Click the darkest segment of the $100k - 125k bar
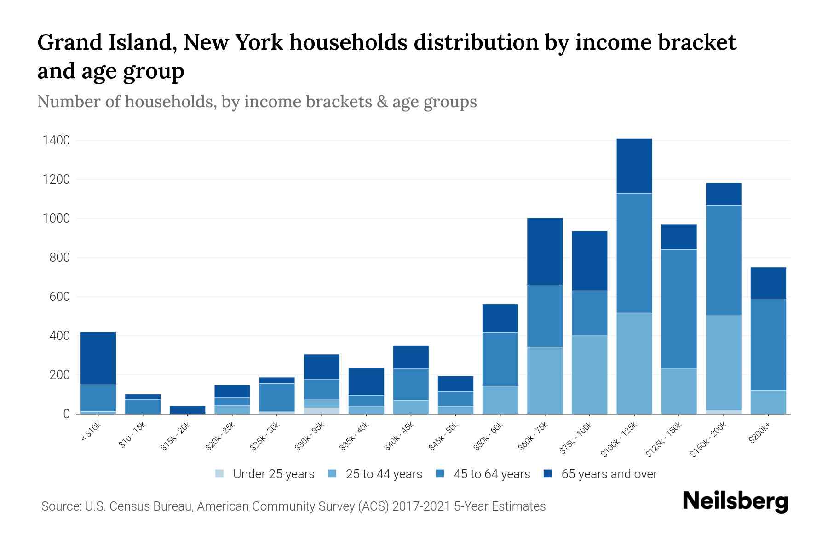tap(634, 166)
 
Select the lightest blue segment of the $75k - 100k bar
tap(589, 375)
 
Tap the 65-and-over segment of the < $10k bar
tap(98, 358)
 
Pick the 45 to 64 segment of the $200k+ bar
tap(768, 345)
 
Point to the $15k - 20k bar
tap(188, 409)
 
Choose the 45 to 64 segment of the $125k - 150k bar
tap(679, 309)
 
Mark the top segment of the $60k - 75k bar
tap(545, 251)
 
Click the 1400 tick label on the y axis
tap(56, 140)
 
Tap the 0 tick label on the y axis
tap(67, 414)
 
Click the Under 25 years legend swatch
tap(220, 474)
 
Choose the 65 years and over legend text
tap(609, 474)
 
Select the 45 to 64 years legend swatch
tap(440, 474)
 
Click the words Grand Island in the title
tap(106, 42)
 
